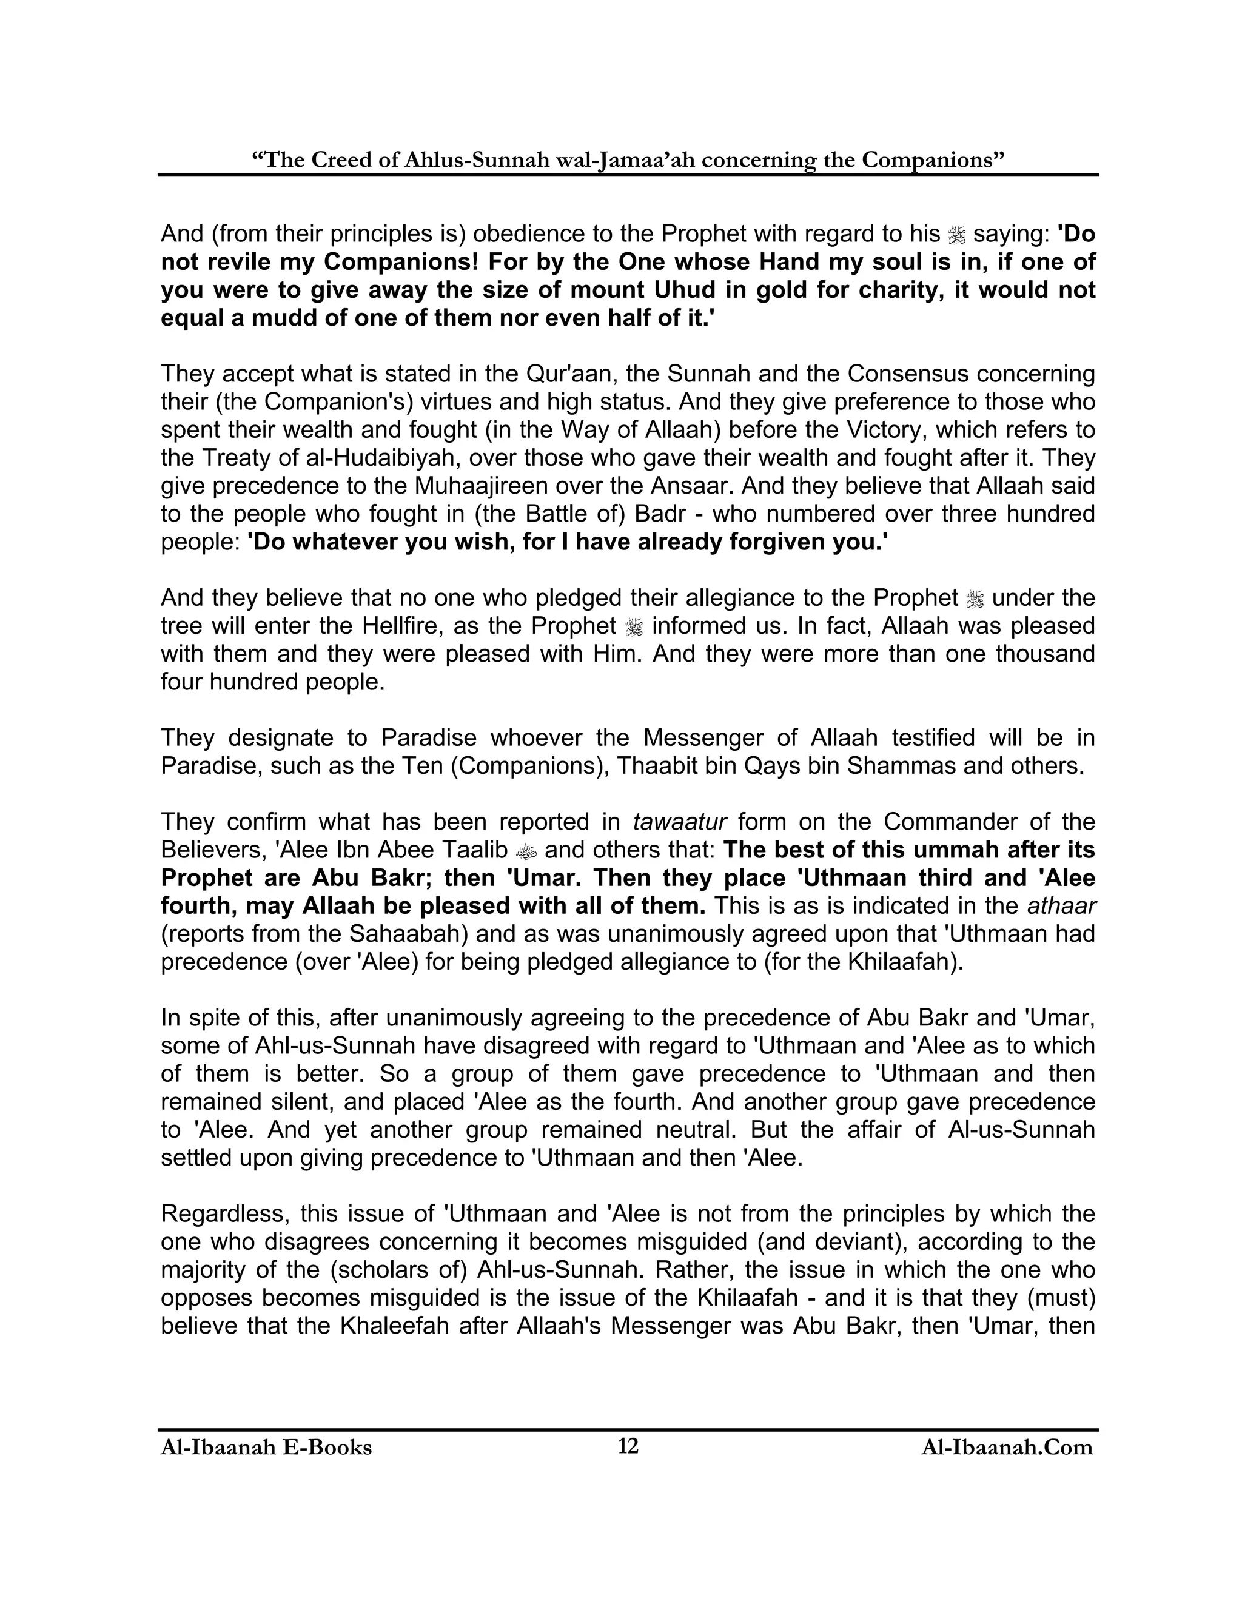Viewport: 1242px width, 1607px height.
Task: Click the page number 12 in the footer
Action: [x=628, y=1446]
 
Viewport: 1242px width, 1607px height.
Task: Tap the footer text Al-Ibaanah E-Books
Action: [x=266, y=1448]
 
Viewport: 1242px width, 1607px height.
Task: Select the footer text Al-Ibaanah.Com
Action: [x=1007, y=1448]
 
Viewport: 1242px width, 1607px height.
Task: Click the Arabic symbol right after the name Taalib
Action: [x=526, y=851]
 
